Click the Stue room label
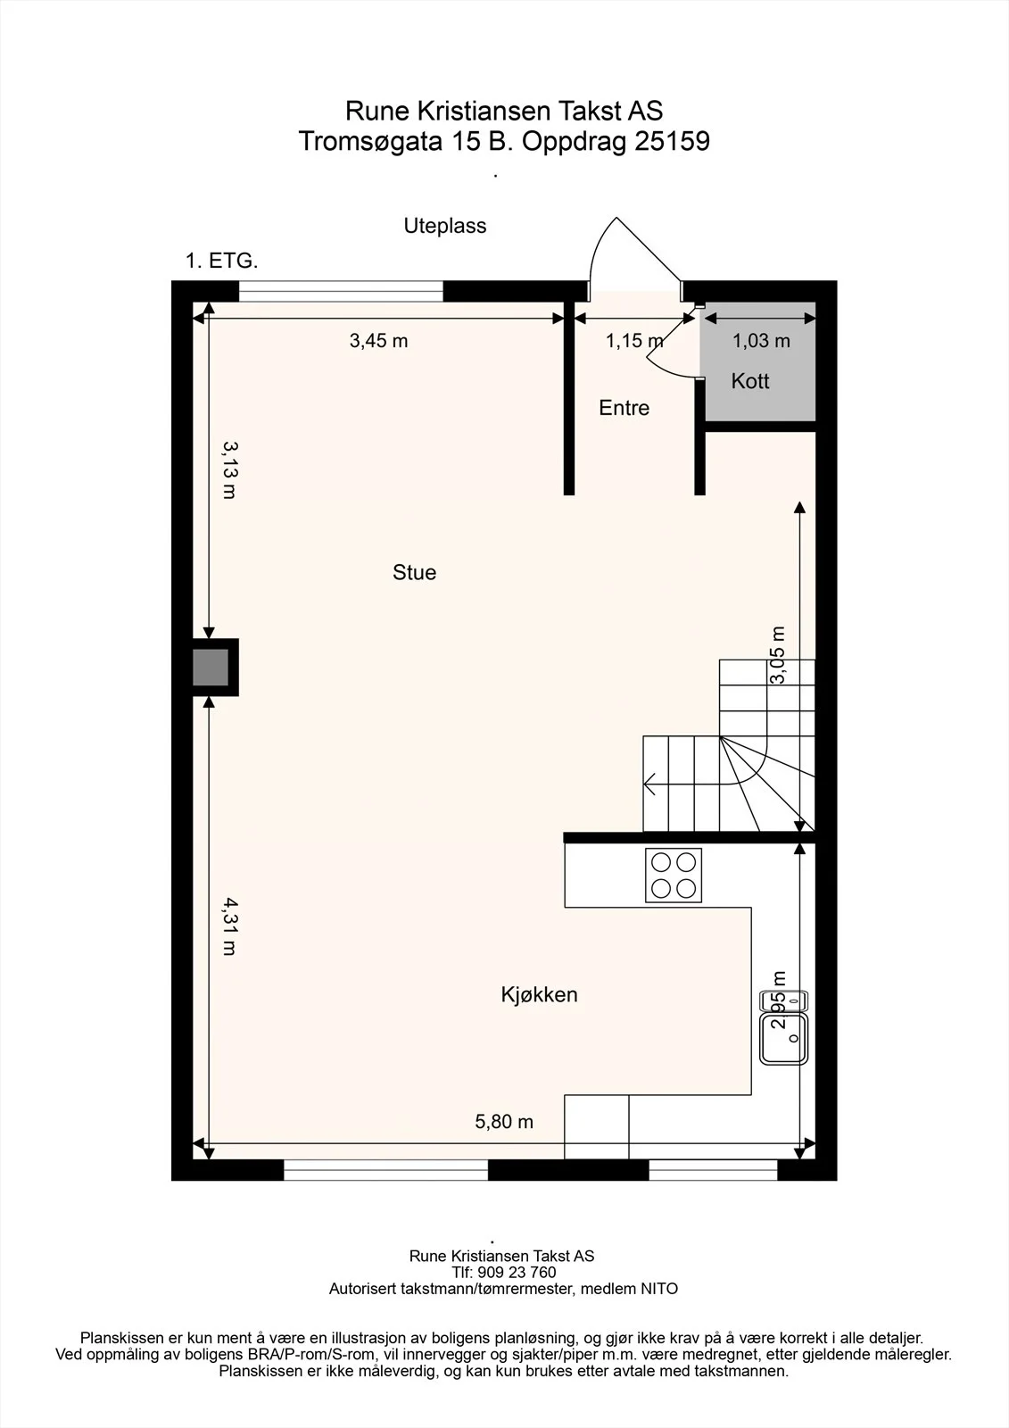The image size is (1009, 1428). click(x=414, y=572)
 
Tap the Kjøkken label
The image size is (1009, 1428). click(x=539, y=994)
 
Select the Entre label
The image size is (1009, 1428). click(x=624, y=408)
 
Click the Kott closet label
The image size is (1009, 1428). click(x=750, y=381)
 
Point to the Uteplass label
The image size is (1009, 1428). click(x=445, y=226)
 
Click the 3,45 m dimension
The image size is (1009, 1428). click(x=378, y=341)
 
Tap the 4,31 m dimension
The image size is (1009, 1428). click(x=230, y=926)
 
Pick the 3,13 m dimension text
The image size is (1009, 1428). click(x=230, y=470)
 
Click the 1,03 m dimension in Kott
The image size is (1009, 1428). click(x=761, y=341)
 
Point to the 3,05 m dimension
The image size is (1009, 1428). click(x=778, y=655)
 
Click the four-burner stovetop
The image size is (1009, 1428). click(x=673, y=876)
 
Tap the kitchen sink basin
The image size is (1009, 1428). click(x=784, y=1039)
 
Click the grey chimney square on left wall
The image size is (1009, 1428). click(x=211, y=668)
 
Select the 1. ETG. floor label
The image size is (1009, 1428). click(x=222, y=261)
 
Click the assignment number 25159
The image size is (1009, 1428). click(x=672, y=141)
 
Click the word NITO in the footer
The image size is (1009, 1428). click(x=659, y=1289)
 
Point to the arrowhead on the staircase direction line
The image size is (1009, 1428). click(x=649, y=784)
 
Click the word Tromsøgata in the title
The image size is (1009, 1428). click(x=370, y=142)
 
